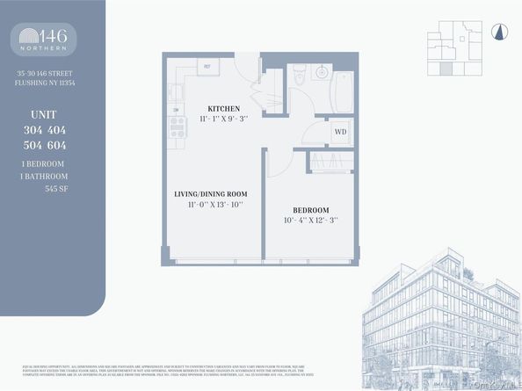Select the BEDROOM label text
click(312, 210)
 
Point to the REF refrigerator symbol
click(208, 66)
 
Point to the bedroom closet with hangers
click(330, 163)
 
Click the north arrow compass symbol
click(498, 33)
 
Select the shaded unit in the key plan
click(446, 69)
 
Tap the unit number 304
click(38, 130)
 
